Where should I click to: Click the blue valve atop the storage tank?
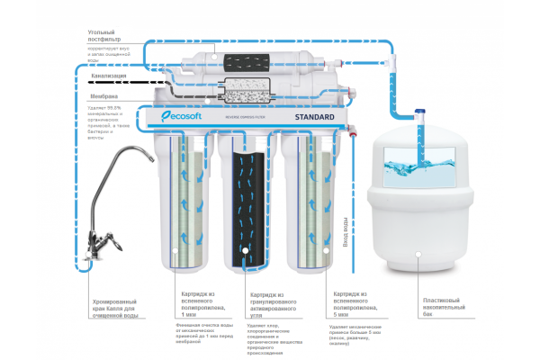420,113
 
